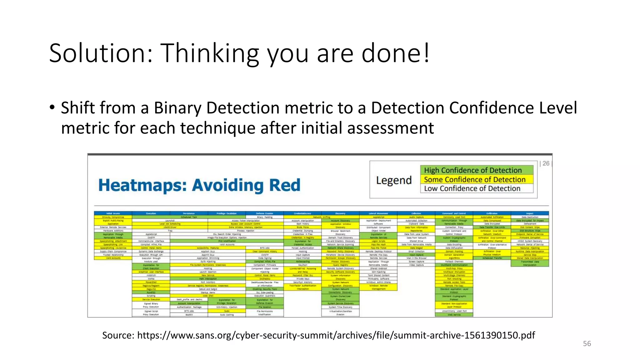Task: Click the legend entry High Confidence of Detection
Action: point(472,170)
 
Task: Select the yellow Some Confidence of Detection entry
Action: point(474,180)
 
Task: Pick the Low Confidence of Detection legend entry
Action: point(472,188)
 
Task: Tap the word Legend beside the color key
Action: point(394,180)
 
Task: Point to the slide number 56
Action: point(587,343)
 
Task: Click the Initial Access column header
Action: point(113,213)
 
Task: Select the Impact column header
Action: point(530,213)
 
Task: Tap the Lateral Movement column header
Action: point(378,213)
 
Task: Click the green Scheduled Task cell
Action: point(189,217)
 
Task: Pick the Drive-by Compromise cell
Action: point(113,217)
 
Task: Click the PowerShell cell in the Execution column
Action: point(151,282)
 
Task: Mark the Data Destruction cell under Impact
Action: point(530,217)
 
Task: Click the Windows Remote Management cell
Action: point(378,287)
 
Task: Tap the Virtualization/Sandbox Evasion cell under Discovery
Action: point(340,313)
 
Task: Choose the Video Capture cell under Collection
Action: point(416,265)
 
